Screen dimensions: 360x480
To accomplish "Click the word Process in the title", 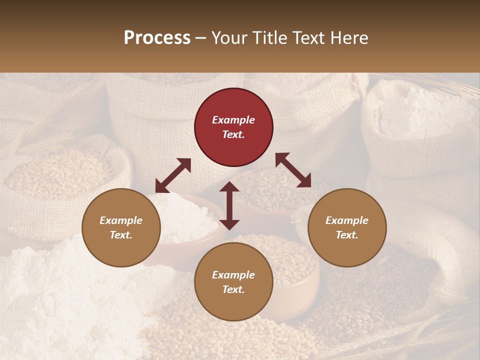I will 157,37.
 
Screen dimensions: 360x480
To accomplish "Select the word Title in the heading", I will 271,37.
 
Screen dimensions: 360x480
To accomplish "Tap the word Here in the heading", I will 349,37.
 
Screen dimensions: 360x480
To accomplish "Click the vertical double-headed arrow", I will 229,205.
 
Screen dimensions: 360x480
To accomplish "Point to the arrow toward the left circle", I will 173,175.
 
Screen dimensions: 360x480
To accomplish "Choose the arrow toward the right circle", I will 293,170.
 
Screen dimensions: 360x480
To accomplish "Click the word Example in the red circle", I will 233,120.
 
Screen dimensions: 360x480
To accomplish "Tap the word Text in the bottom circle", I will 232,289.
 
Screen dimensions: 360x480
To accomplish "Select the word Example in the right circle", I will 347,220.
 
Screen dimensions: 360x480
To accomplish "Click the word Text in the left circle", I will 119,235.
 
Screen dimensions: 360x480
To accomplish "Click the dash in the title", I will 201,37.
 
